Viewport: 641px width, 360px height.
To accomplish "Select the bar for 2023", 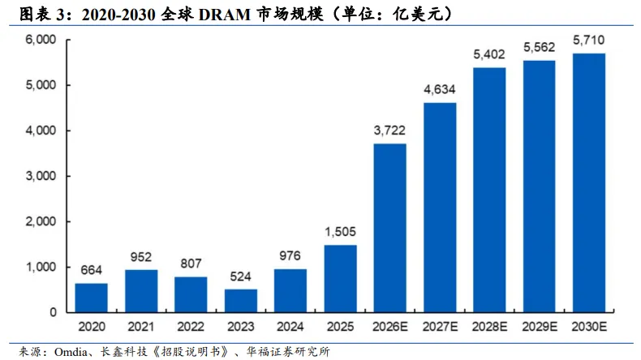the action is coord(241,301).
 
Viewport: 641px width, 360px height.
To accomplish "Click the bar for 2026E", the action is coord(390,228).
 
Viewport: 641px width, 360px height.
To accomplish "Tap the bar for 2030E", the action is coord(589,183).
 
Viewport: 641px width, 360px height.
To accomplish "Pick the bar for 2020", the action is coord(92,298).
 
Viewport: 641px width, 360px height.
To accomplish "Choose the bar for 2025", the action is coord(341,279).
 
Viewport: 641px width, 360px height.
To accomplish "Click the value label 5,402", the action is coord(489,54).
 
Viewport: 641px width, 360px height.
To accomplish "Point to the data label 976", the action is coord(290,255).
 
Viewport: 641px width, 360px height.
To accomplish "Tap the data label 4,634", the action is coord(440,89).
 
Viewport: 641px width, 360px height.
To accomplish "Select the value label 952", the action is coord(141,257).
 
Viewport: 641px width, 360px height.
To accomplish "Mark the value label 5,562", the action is coord(540,47).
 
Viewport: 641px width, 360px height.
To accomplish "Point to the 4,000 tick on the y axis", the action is coord(41,131).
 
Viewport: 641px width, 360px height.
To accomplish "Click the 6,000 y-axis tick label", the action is coord(41,40).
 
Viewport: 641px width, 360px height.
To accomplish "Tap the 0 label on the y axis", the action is coord(53,313).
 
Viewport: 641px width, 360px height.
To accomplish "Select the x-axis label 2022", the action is coord(191,327).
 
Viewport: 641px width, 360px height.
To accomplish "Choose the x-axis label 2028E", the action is coord(490,327).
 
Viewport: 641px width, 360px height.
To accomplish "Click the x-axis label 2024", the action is coord(290,327).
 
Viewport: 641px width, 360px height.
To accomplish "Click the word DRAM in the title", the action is coord(225,15).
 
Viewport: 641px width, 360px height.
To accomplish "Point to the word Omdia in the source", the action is coord(71,352).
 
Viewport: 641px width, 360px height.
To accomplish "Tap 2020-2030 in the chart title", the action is coord(118,15).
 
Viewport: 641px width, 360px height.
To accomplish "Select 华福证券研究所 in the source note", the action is coord(288,352).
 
